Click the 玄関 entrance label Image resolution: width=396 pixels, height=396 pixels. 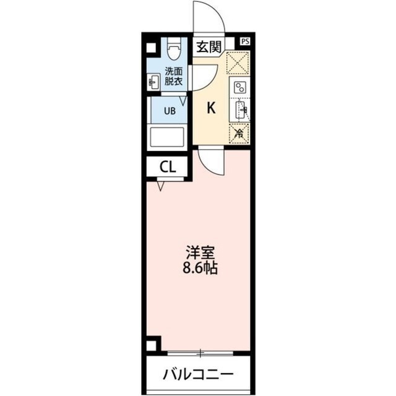click(x=209, y=47)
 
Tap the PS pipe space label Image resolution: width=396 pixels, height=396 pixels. click(x=246, y=41)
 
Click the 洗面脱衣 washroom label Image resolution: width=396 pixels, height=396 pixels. click(x=173, y=74)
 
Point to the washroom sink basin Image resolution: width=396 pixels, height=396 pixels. click(x=154, y=80)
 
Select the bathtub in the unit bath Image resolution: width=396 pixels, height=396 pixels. click(x=167, y=137)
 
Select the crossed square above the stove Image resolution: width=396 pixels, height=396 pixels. click(x=238, y=62)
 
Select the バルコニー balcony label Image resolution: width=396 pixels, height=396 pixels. click(x=199, y=375)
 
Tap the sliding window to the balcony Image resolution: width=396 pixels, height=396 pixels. click(x=200, y=353)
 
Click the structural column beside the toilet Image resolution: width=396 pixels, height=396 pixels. click(x=152, y=47)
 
